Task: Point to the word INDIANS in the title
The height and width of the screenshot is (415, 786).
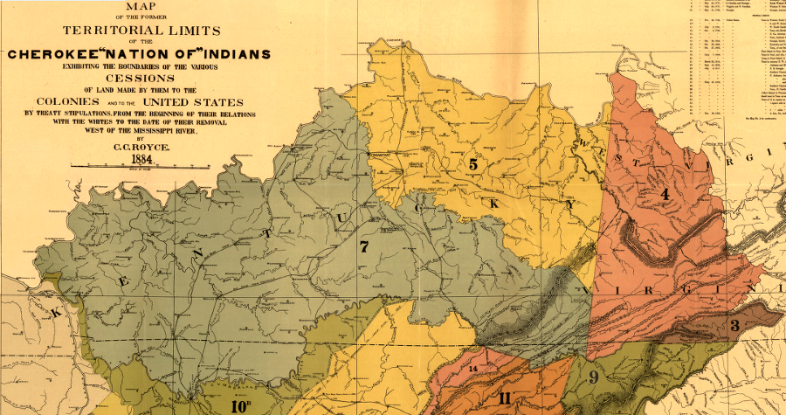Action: [230, 54]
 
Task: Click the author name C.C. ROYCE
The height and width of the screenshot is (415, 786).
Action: [139, 147]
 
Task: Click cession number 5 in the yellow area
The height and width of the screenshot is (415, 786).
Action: [472, 163]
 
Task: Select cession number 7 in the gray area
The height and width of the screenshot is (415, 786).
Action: [363, 247]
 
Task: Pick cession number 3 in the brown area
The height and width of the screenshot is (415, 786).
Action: [734, 326]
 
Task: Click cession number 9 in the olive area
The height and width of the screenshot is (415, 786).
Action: [592, 378]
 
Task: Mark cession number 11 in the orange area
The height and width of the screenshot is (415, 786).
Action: [505, 398]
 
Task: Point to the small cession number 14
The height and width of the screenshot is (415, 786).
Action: [473, 370]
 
